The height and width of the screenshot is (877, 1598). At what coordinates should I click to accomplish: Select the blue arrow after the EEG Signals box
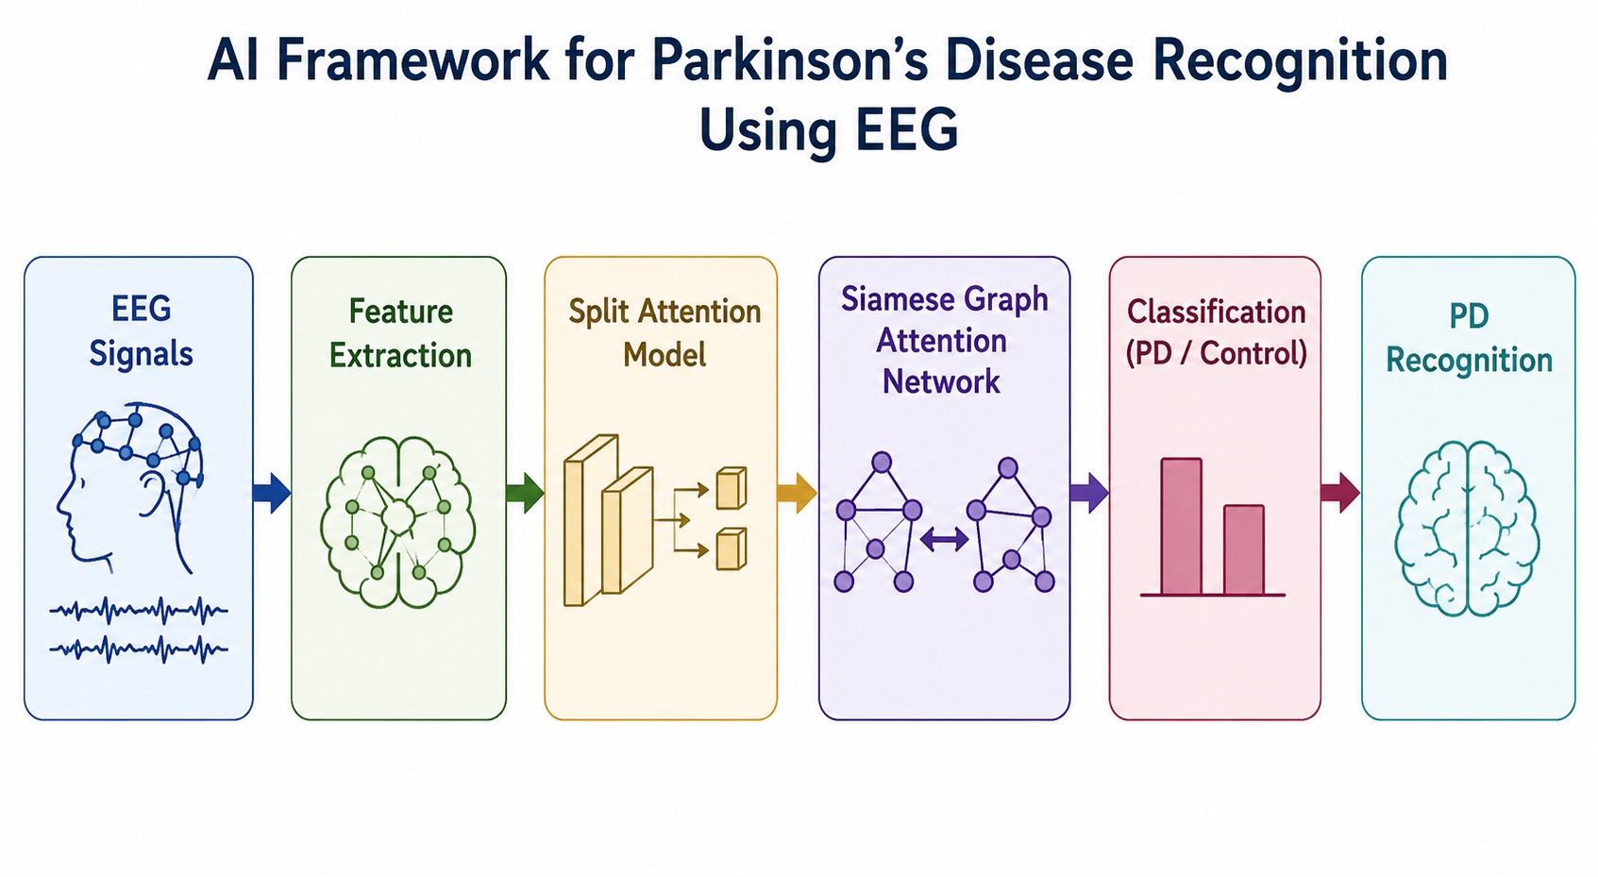click(272, 493)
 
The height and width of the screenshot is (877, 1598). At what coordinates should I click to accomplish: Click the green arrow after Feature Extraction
click(525, 493)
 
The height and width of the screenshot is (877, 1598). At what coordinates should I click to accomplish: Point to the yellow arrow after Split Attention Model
click(797, 493)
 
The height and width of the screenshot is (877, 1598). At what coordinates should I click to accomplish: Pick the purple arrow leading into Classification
click(1089, 493)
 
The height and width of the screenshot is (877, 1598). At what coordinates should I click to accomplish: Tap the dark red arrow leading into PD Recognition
click(1340, 493)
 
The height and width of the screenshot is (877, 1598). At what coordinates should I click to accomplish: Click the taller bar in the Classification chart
click(1182, 526)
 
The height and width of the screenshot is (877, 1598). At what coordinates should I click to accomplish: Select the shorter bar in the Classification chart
click(1244, 549)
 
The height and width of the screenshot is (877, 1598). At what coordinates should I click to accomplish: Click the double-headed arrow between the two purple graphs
click(945, 539)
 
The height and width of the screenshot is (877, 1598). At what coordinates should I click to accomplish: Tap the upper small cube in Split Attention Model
click(732, 488)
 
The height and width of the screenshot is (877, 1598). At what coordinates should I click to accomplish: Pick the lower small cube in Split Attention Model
click(732, 548)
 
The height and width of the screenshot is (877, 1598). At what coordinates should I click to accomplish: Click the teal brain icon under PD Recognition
click(1467, 528)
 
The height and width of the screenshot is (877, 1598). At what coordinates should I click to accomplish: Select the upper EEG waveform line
click(139, 610)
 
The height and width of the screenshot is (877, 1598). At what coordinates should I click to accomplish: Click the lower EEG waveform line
click(139, 649)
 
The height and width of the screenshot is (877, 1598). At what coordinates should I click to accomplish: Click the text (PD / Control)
click(1217, 353)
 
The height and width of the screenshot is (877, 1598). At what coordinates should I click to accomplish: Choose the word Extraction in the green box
click(400, 355)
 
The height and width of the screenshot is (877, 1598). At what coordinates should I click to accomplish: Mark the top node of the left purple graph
click(882, 462)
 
